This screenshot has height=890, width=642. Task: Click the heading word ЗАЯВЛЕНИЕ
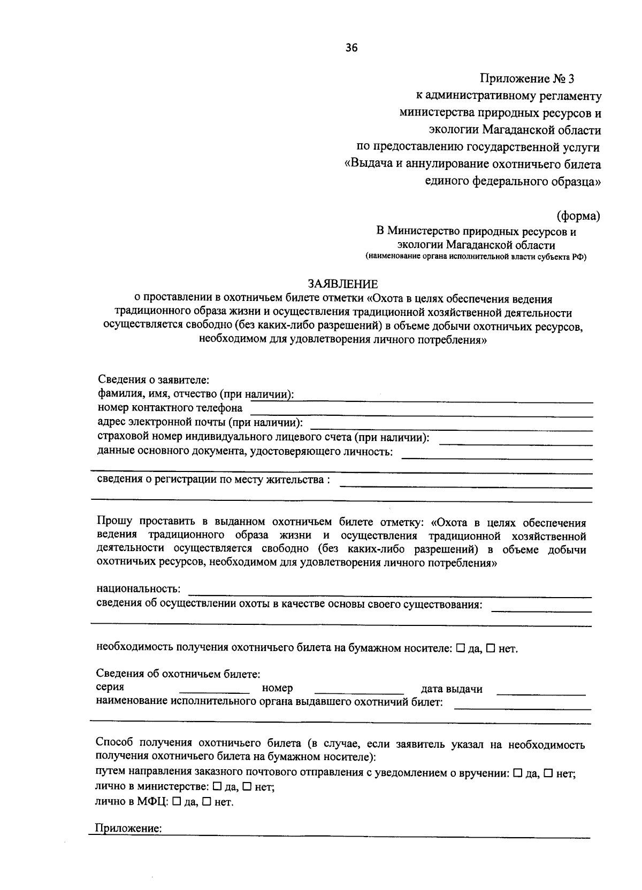pyautogui.click(x=342, y=284)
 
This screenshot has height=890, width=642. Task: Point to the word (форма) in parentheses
pyautogui.click(x=578, y=216)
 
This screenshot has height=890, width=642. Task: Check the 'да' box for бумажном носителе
pyautogui.click(x=460, y=648)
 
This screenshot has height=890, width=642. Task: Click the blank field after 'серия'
pyautogui.click(x=214, y=690)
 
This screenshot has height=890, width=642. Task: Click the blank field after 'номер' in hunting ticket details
pyautogui.click(x=359, y=690)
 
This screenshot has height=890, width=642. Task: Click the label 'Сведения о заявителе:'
pyautogui.click(x=153, y=380)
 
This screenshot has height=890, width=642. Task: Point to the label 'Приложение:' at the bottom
pyautogui.click(x=128, y=829)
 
